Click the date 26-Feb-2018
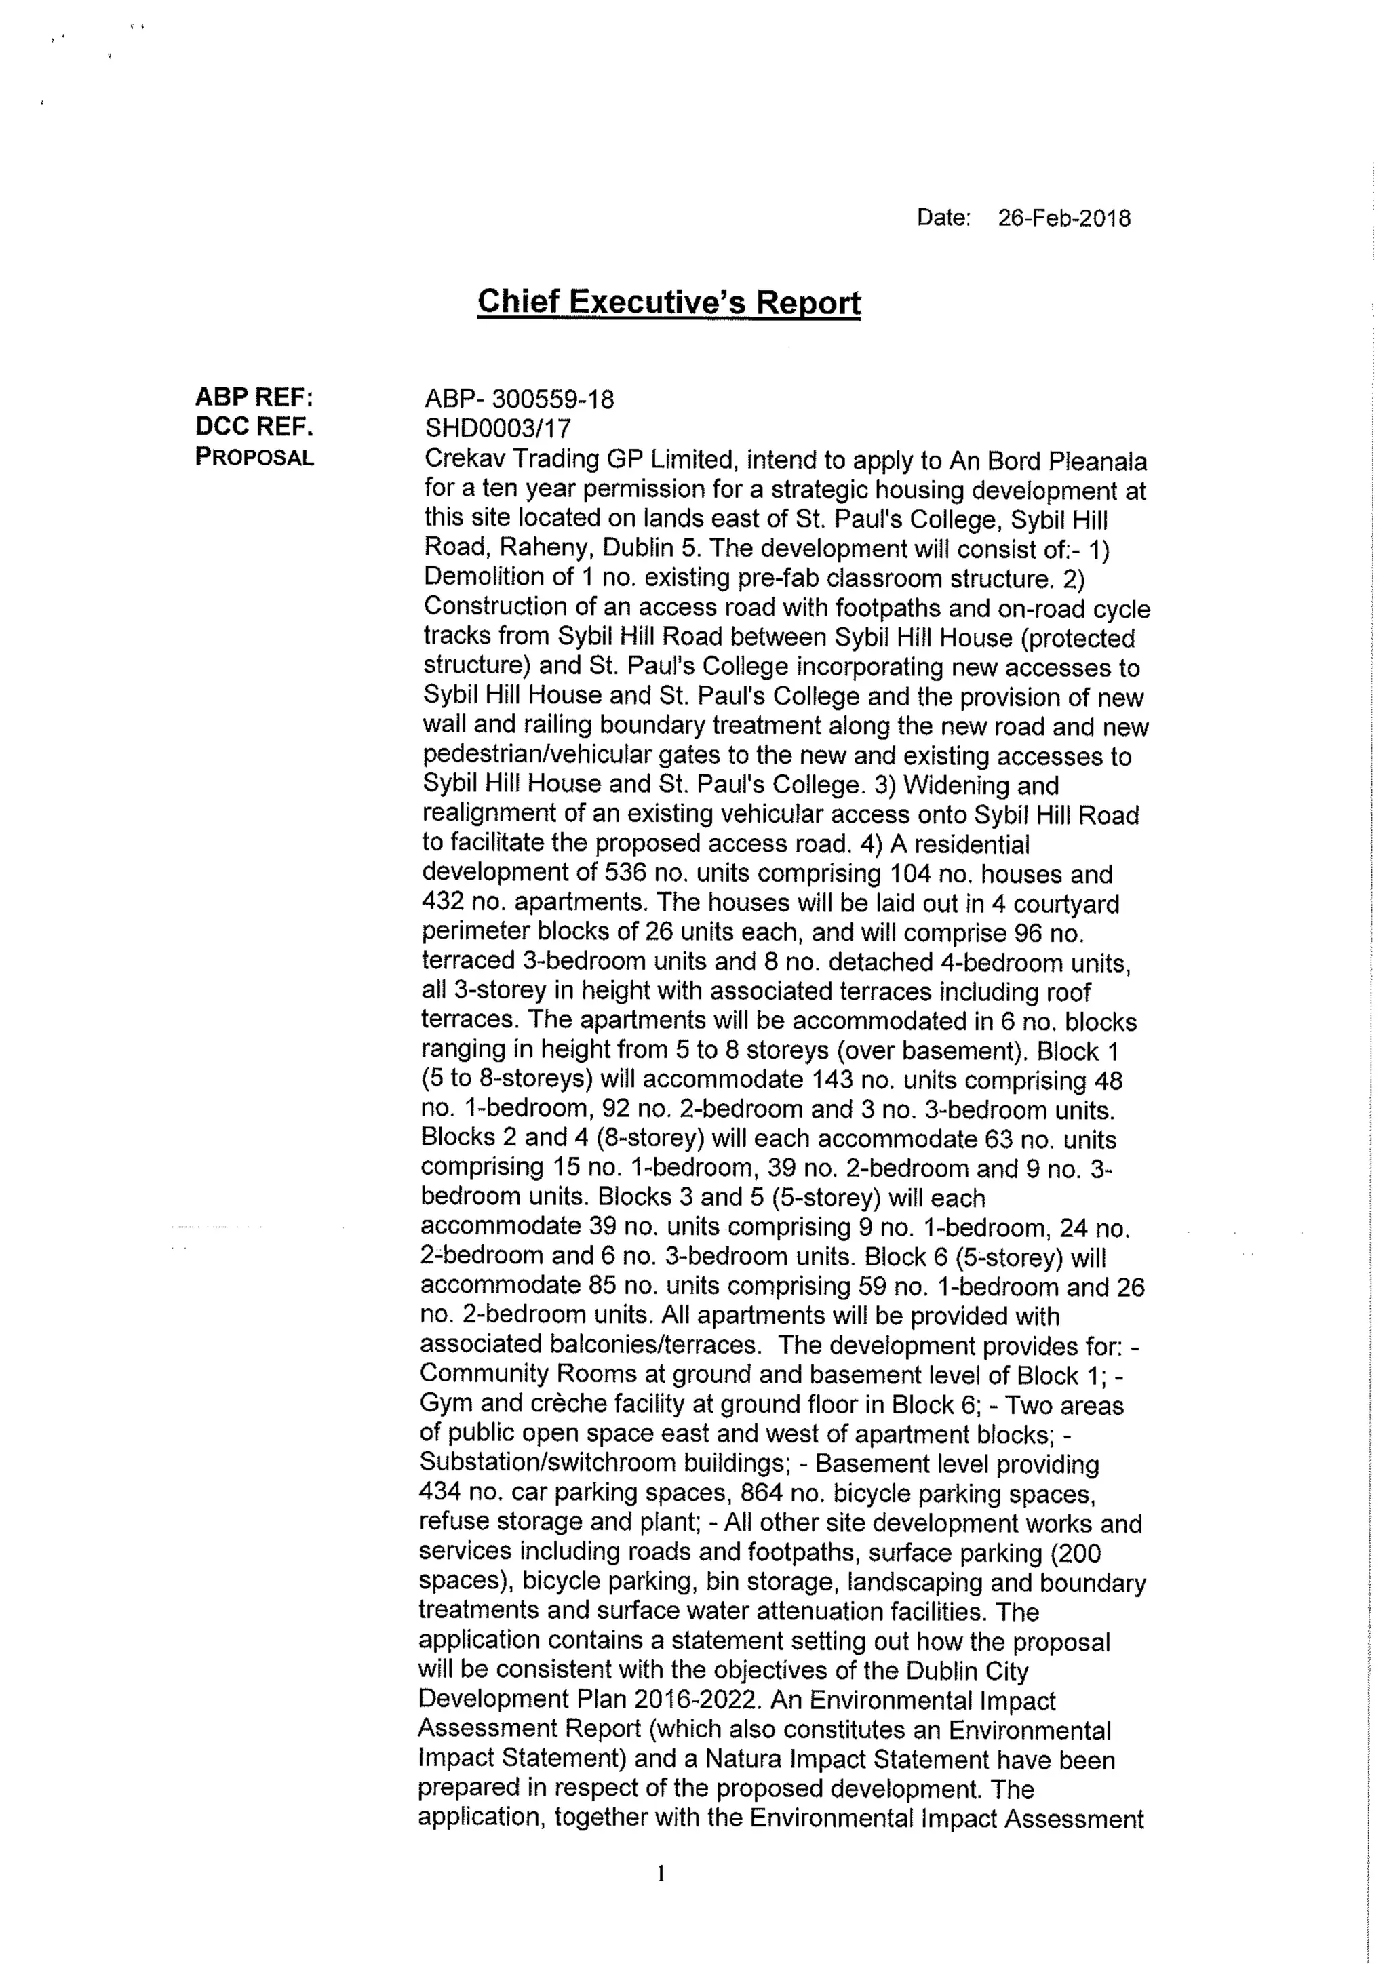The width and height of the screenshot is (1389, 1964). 1063,218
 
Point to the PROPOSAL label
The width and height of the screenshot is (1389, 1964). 254,457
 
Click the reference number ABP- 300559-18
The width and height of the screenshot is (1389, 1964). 519,399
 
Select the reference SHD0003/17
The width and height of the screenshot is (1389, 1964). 497,429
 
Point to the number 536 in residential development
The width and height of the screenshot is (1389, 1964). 628,873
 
